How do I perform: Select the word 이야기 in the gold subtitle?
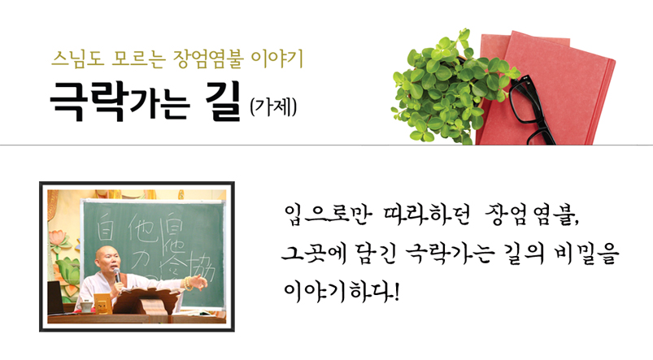coord(277,59)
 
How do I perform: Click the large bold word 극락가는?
coord(120,101)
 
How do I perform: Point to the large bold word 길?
coord(223,101)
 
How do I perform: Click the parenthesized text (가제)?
coord(273,107)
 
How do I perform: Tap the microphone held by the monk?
coord(117,275)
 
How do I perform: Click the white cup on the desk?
coord(85,306)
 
